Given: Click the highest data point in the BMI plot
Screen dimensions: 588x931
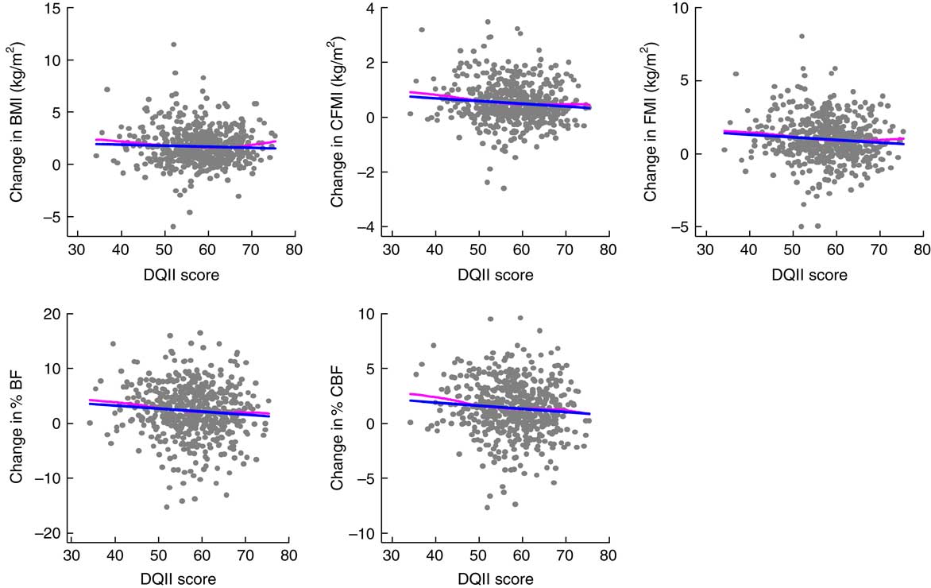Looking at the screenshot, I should pyautogui.click(x=173, y=44).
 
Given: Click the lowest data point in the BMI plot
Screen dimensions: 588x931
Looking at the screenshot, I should pyautogui.click(x=173, y=226).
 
